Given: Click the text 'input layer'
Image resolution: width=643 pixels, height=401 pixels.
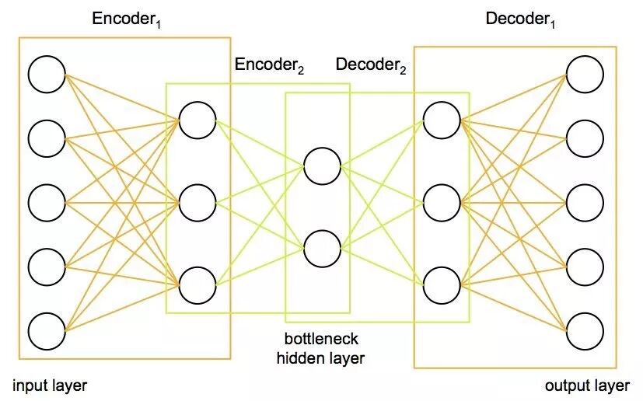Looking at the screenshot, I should (50, 385).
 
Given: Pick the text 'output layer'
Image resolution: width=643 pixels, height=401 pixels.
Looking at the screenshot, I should (587, 385).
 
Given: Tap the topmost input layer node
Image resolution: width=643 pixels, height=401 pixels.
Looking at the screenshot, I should (47, 75).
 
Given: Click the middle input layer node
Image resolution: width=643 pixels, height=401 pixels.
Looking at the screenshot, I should (47, 202).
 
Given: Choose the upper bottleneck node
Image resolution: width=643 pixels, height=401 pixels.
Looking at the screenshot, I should (322, 166).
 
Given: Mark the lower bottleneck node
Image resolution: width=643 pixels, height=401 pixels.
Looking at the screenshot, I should (322, 249).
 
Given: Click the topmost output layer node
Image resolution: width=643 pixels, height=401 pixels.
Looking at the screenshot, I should (585, 75).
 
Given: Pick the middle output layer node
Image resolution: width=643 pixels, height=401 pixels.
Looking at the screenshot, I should (585, 202).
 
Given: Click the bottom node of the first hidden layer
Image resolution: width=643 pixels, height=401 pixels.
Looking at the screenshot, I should (197, 285).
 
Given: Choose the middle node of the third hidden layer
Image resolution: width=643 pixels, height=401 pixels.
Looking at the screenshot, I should (442, 202).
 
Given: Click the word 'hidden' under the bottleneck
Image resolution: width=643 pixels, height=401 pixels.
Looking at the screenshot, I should (299, 358).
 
